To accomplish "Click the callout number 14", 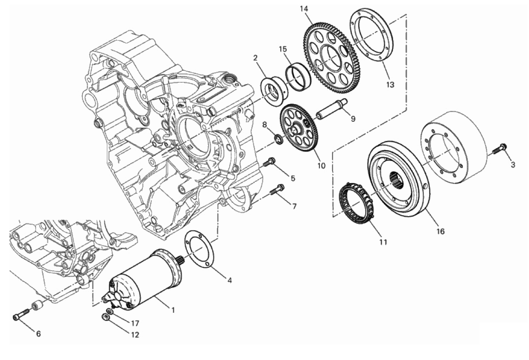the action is [x=304, y=9].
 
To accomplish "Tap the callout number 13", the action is [x=390, y=84].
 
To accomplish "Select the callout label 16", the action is [x=440, y=231].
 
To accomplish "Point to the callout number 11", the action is [x=383, y=242].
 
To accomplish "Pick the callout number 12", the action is [x=135, y=335].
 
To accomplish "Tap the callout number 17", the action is [x=135, y=323].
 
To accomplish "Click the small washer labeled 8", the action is [x=278, y=139].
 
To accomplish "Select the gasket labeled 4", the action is [x=199, y=249].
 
